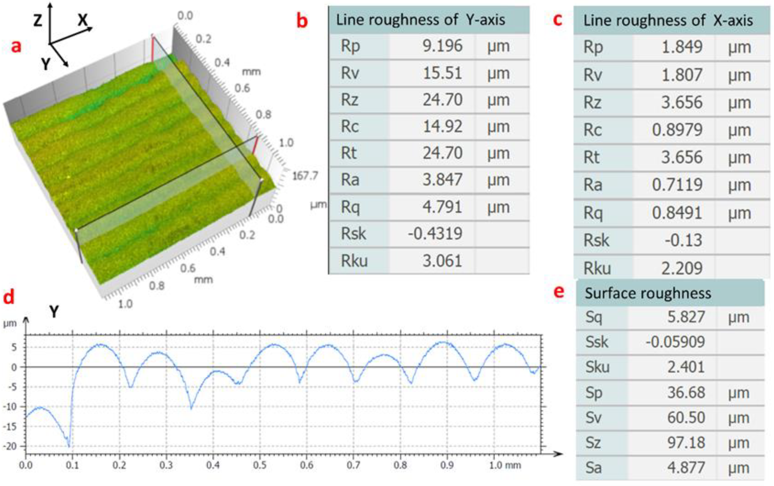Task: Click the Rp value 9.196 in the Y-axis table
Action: (x=442, y=46)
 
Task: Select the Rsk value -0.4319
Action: (x=435, y=234)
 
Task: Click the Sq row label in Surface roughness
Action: (x=594, y=317)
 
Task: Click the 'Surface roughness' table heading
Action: (x=648, y=293)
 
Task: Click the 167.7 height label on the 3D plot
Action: (x=305, y=176)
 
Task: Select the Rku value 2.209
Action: (x=682, y=268)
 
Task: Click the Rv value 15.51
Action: (x=442, y=73)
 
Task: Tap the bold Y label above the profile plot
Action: (x=54, y=311)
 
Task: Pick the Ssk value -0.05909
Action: (x=676, y=342)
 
